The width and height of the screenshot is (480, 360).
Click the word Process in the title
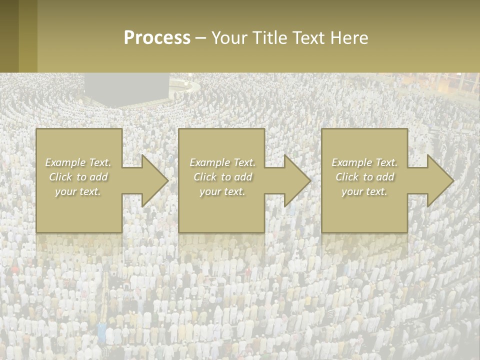point(157,38)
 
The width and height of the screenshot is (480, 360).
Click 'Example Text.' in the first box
point(78,162)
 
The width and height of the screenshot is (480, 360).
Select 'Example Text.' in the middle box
point(222,162)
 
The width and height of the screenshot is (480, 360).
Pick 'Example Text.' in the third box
point(364,162)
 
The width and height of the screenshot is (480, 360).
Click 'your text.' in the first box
point(78,191)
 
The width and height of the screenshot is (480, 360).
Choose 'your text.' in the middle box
point(222,191)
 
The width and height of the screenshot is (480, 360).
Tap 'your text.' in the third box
point(364,191)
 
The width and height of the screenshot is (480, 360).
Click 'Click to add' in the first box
point(78,177)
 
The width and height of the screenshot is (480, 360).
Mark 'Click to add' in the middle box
point(222,177)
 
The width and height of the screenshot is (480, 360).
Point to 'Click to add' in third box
point(364,177)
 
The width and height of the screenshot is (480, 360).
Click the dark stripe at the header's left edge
point(9,36)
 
